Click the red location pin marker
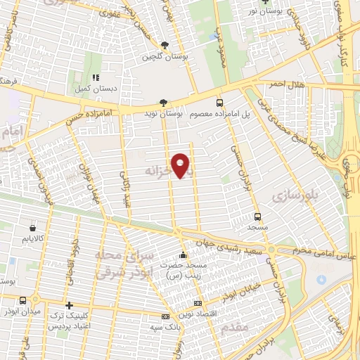click(181, 166)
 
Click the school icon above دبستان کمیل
click(96, 77)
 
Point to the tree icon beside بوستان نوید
click(164, 102)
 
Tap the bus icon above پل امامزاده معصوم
click(219, 102)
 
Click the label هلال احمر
click(287, 84)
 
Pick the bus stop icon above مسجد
click(257, 217)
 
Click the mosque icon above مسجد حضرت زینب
click(184, 255)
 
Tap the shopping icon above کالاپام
click(34, 228)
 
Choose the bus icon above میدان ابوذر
click(24, 300)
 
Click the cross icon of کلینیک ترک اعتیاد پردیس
click(68, 306)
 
